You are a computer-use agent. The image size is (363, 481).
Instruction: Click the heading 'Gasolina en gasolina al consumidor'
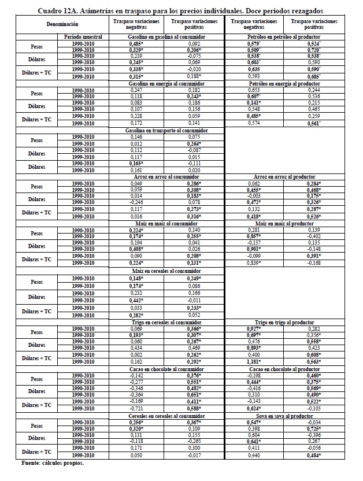click(168, 36)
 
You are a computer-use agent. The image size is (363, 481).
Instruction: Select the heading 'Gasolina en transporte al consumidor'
click(168, 131)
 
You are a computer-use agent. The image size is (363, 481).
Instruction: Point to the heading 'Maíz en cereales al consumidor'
click(168, 271)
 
